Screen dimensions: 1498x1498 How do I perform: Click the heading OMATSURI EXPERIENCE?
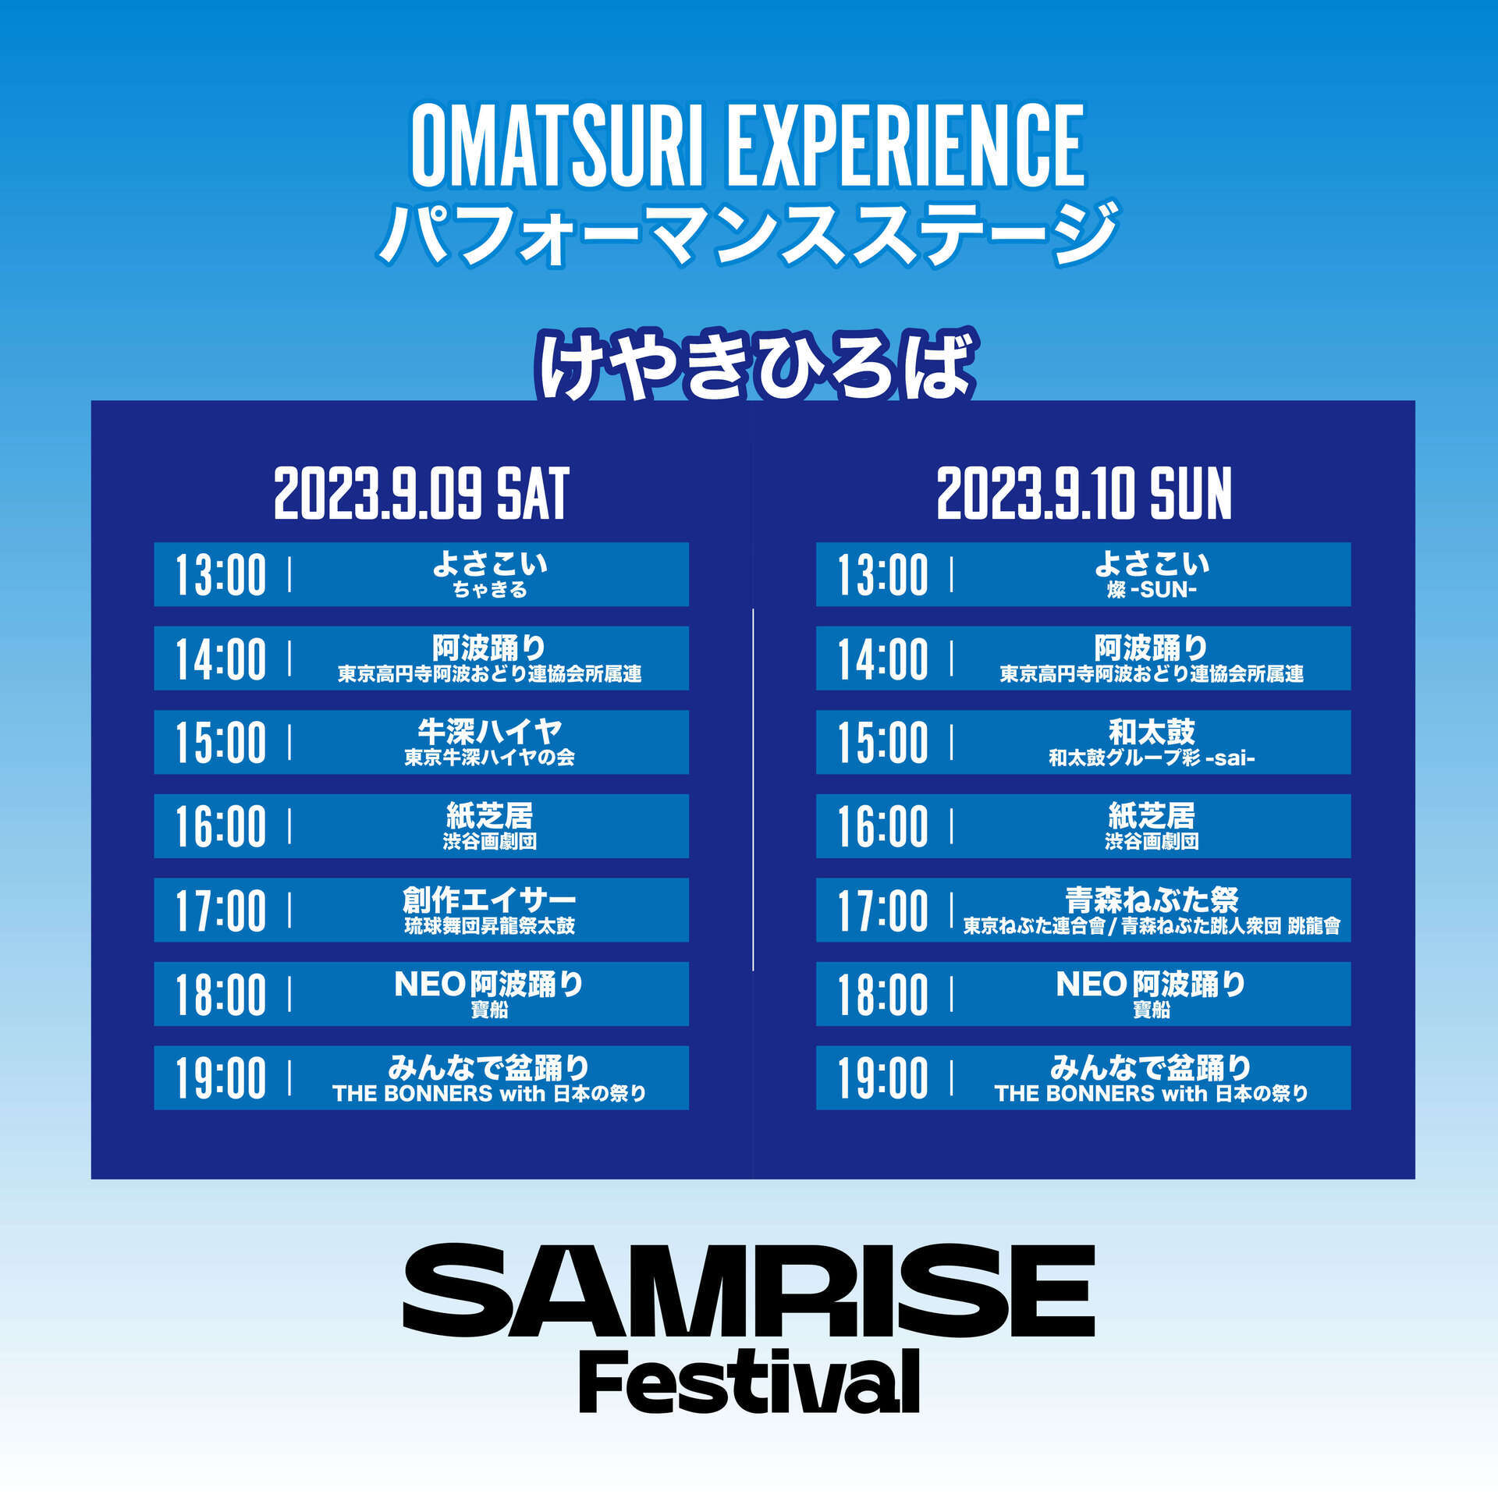748,145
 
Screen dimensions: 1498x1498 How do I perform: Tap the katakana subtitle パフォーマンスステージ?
748,233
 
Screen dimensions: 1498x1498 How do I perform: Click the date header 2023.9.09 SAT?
421,493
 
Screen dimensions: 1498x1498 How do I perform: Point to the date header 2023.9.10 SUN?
1084,493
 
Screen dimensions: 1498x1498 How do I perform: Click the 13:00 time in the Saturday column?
221,575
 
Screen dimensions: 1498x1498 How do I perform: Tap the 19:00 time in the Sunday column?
883,1078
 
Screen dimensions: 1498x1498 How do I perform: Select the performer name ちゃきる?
490,590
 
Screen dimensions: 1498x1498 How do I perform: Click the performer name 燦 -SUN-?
1152,590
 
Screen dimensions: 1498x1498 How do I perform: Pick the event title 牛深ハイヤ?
489,731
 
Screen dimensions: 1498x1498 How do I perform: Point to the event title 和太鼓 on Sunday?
1152,731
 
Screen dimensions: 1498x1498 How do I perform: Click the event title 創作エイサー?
489,900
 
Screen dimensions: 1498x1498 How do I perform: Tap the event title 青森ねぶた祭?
1152,900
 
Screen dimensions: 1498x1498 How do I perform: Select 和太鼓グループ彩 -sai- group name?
1152,758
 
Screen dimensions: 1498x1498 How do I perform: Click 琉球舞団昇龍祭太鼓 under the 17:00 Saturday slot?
489,926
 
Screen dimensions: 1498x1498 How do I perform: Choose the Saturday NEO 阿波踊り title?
489,984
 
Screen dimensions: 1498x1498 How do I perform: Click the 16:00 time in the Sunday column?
883,827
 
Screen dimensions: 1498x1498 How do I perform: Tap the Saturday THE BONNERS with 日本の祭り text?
489,1094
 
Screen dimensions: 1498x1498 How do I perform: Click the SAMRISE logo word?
749,1292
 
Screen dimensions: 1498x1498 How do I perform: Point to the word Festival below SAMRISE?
749,1383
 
